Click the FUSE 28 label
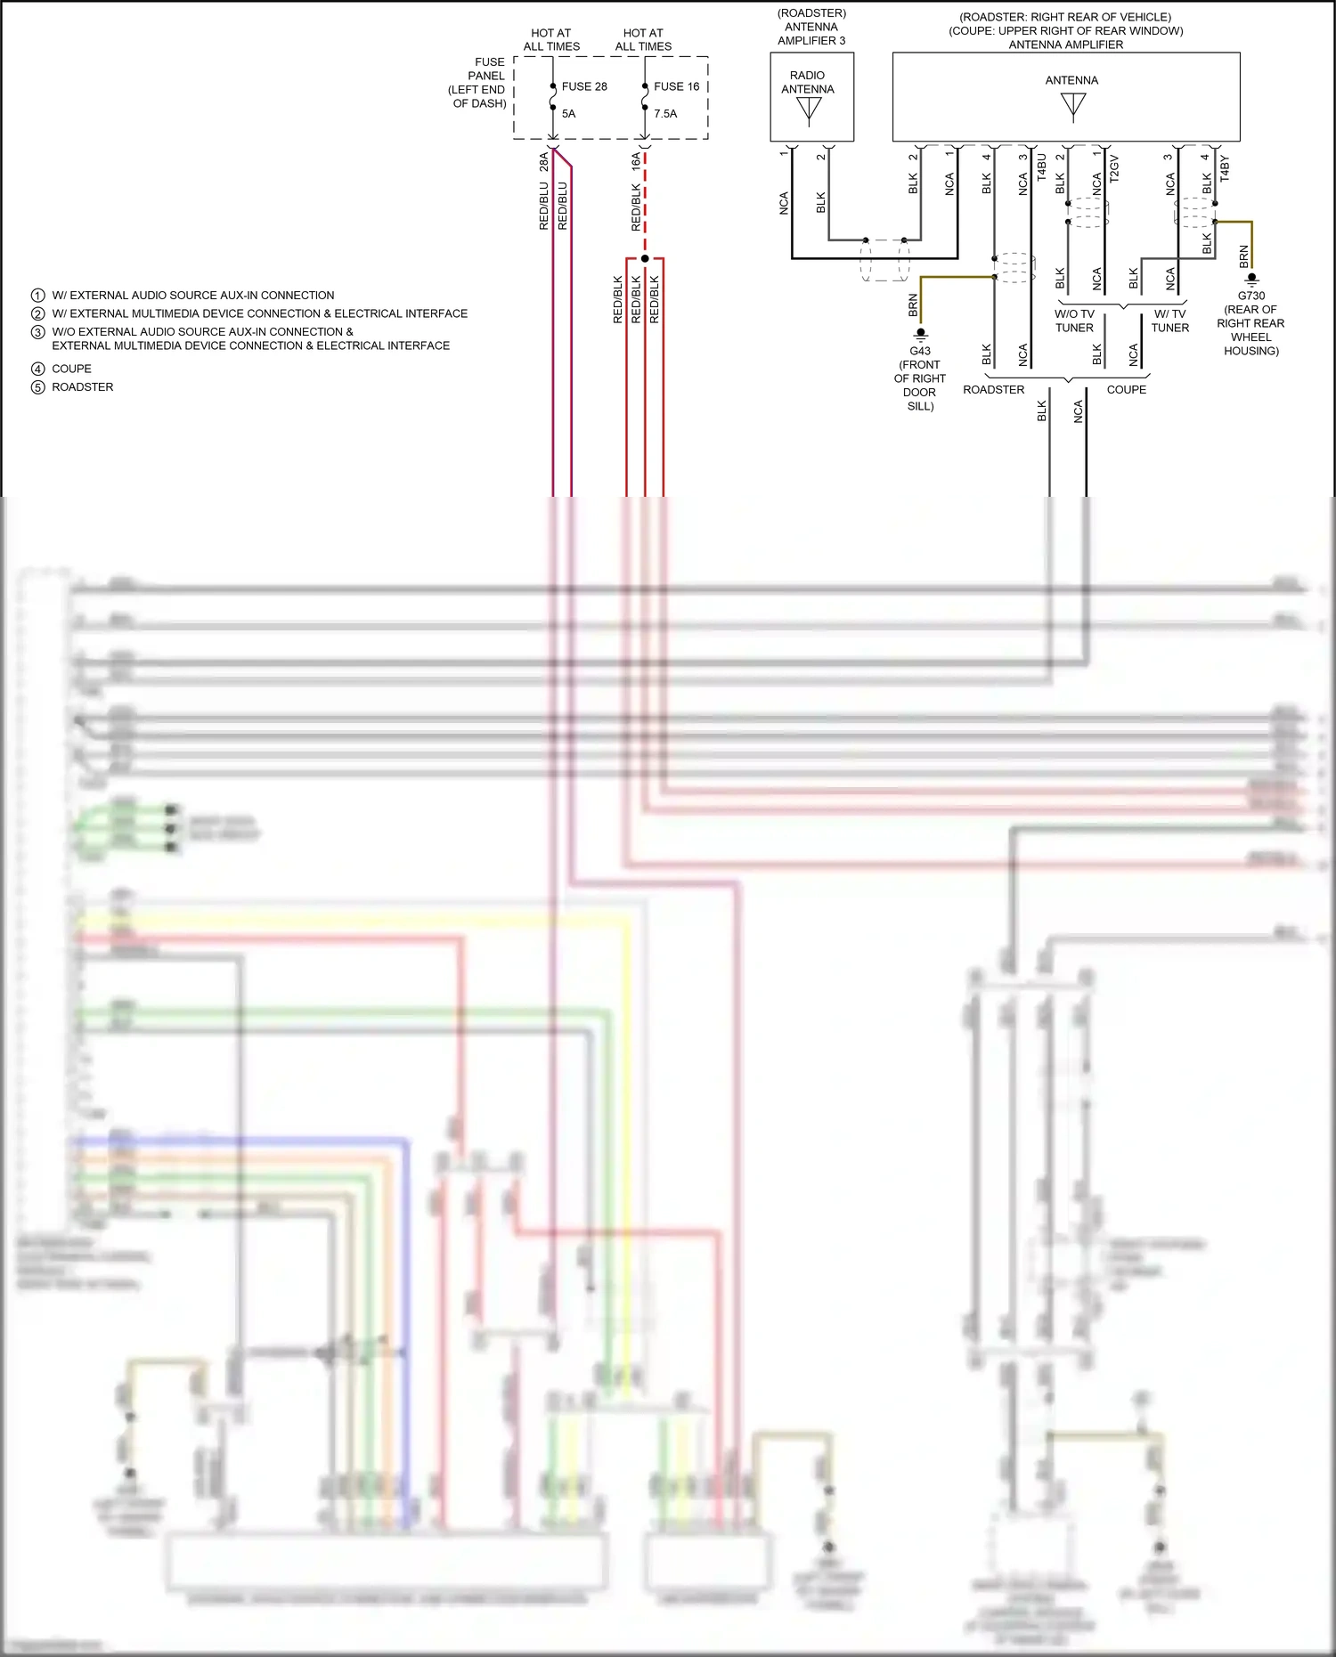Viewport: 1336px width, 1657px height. coord(584,86)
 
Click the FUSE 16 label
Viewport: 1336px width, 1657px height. coord(676,86)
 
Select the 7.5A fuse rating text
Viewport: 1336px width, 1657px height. coord(665,114)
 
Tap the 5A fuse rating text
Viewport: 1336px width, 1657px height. coord(568,114)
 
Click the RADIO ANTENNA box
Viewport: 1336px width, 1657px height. coord(811,96)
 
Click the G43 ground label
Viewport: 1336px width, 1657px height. coord(920,351)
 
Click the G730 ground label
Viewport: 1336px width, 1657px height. coord(1250,296)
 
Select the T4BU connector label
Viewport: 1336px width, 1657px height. coord(1041,167)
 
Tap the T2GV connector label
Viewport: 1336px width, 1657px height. coord(1114,167)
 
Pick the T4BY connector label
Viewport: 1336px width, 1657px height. coord(1224,167)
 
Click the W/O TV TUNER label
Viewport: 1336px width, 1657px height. coord(1074,321)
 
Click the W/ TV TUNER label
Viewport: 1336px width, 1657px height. coord(1169,321)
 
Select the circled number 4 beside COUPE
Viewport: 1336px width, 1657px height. coord(37,369)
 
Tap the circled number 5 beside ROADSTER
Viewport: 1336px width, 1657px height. coord(37,387)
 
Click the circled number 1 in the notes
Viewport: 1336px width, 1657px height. coord(37,296)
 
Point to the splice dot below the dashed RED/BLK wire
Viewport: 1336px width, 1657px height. coord(645,258)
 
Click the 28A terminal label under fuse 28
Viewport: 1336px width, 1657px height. coord(543,161)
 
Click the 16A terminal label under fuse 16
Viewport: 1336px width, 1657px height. coord(636,161)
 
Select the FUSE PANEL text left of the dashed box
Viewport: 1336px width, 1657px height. coord(481,83)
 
